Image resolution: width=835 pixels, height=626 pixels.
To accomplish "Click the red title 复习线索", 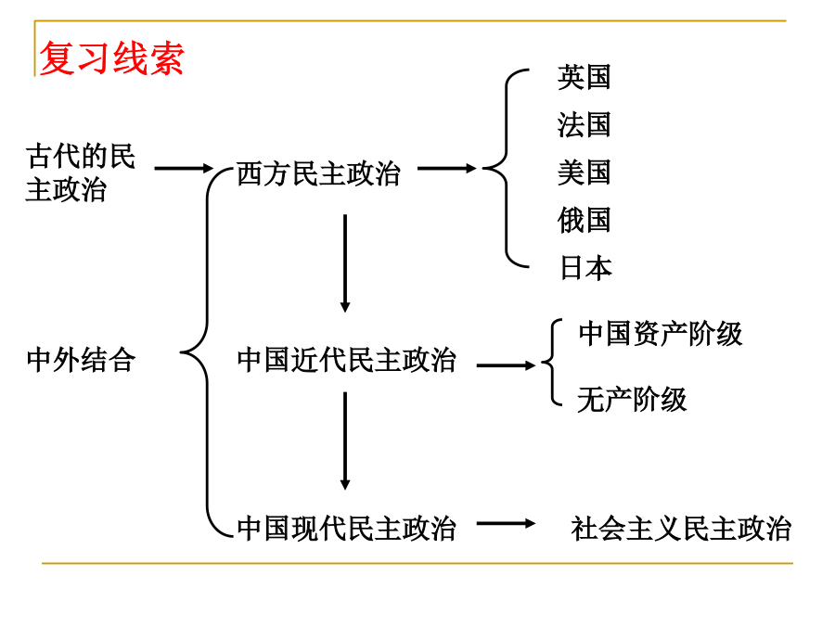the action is click(112, 58).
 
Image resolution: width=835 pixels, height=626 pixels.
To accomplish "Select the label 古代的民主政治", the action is click(81, 172).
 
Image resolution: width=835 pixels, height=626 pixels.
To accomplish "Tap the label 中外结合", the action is click(81, 360).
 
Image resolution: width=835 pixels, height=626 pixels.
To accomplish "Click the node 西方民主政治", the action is click(318, 173).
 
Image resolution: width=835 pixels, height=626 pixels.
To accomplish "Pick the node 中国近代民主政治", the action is click(346, 360).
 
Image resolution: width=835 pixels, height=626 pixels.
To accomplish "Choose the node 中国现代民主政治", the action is click(346, 529).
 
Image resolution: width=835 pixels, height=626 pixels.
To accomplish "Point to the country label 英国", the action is click(584, 77).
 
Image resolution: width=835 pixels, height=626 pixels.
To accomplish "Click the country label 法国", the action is click(584, 125).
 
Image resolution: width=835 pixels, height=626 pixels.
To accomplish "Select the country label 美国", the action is click(584, 172).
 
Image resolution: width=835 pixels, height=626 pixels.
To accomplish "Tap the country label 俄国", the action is click(584, 220).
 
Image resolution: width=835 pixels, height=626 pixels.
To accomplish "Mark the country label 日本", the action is click(585, 267).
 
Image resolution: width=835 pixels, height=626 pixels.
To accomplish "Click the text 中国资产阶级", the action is click(661, 334).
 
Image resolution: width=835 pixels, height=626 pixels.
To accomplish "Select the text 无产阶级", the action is click(632, 400).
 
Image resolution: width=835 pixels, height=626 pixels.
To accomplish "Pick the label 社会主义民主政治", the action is click(681, 529).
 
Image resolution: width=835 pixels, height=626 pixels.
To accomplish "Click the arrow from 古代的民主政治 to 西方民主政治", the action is click(184, 168).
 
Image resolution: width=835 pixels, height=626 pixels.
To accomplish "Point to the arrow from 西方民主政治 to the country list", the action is click(447, 168).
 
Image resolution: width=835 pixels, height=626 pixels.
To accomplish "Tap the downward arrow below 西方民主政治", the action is click(345, 263).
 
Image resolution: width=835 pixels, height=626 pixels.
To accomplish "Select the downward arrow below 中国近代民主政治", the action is click(345, 441).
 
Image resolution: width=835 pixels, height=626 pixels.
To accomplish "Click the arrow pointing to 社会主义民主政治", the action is click(506, 523).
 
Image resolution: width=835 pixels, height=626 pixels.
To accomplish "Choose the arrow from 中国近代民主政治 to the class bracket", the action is click(506, 365).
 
